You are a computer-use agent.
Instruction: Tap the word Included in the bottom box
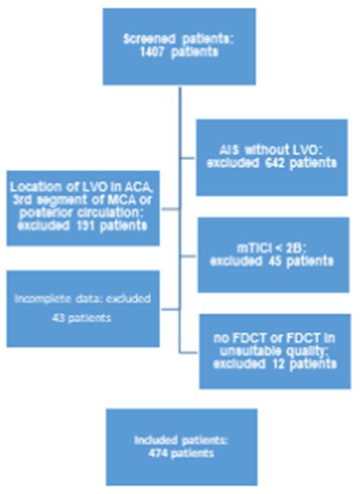point(153,439)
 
